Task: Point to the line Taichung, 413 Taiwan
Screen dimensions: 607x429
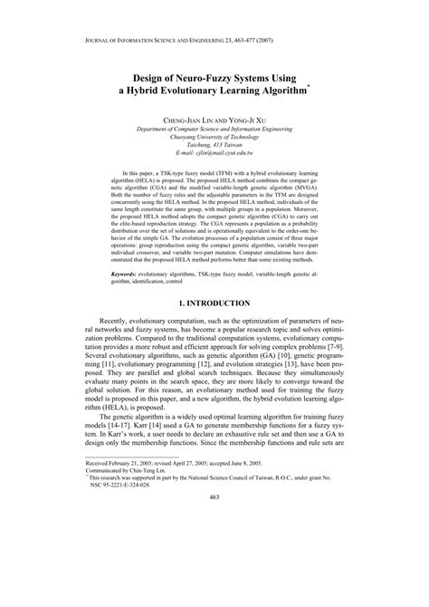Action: click(x=214, y=146)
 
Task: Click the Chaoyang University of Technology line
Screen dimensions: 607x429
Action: click(x=214, y=138)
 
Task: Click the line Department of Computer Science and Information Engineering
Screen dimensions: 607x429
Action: click(x=214, y=129)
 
